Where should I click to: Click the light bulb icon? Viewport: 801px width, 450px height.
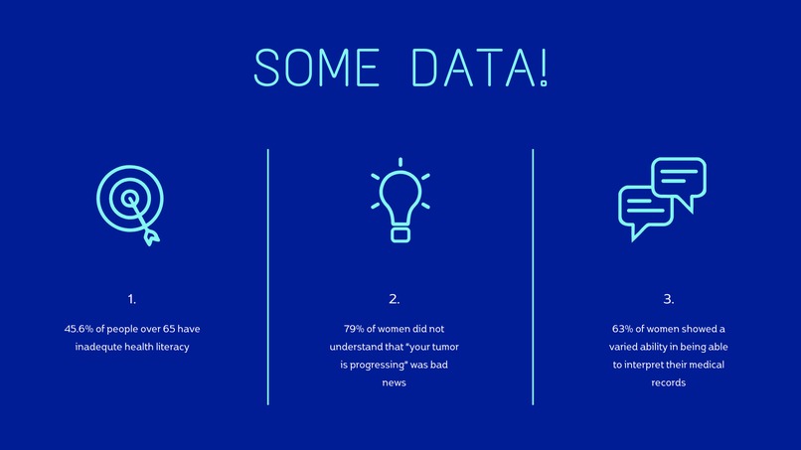[400, 200]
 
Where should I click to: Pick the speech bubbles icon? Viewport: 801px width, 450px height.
[661, 199]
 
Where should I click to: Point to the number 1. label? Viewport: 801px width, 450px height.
[132, 299]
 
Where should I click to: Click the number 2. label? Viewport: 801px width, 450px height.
[395, 299]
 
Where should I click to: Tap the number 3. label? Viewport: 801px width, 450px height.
[668, 299]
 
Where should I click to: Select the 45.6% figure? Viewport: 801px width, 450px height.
[82, 329]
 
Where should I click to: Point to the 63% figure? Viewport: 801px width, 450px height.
[623, 329]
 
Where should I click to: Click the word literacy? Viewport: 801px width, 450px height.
[168, 347]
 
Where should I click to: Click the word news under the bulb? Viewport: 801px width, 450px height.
[395, 383]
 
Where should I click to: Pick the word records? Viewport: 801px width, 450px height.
[668, 383]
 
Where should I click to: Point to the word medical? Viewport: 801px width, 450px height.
[706, 366]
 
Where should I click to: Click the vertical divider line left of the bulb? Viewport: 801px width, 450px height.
[268, 277]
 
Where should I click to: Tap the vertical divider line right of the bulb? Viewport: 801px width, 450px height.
[533, 277]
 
